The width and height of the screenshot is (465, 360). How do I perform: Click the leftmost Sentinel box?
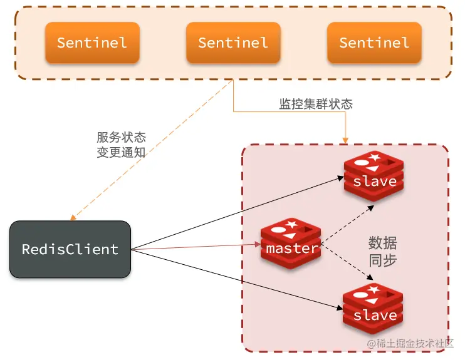click(92, 43)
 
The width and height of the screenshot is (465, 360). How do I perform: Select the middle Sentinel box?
click(233, 43)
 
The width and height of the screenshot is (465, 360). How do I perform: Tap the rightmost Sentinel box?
click(374, 43)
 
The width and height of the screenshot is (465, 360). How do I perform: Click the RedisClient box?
click(70, 249)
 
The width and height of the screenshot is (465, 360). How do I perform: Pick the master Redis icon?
click(291, 244)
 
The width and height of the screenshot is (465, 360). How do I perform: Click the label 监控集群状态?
click(315, 104)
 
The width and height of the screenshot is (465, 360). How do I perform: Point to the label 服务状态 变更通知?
click(121, 145)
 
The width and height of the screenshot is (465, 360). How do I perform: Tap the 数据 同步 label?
click(382, 252)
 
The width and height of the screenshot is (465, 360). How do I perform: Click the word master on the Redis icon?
click(291, 249)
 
